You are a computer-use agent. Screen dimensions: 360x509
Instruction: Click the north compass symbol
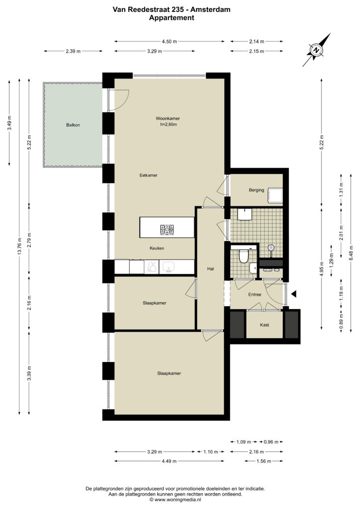(x=316, y=50)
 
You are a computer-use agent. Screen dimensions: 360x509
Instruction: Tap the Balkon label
(x=73, y=125)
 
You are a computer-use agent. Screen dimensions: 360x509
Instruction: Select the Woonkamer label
(x=168, y=118)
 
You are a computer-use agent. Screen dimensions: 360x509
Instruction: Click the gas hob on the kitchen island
(x=167, y=230)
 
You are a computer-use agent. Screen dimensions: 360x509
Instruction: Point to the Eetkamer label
(x=148, y=175)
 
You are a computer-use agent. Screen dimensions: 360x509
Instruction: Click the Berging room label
(x=257, y=190)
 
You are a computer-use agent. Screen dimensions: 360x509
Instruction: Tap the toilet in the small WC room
(x=243, y=256)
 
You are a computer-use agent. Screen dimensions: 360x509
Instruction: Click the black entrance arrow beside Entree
(x=294, y=294)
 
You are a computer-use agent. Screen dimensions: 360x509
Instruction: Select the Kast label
(x=265, y=325)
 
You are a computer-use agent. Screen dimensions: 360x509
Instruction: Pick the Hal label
(x=211, y=269)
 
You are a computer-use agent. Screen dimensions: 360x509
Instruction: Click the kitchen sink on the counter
(x=169, y=267)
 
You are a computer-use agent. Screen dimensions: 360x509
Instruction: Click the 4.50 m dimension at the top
(x=169, y=41)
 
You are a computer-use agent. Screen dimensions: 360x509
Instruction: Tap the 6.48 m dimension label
(x=351, y=253)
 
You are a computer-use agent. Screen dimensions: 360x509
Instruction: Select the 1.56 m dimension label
(x=264, y=461)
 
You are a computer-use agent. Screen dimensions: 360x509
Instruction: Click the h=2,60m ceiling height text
(x=168, y=124)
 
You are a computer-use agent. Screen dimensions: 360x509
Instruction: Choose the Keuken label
(x=157, y=249)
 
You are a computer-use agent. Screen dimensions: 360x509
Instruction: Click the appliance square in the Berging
(x=274, y=196)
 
